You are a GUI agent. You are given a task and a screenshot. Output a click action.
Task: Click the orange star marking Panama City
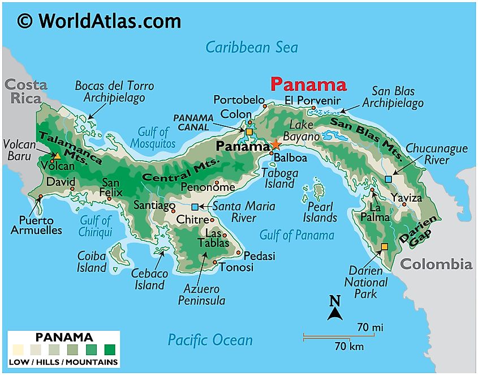[275, 144]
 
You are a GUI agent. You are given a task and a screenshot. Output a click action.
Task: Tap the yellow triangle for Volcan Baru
[57, 155]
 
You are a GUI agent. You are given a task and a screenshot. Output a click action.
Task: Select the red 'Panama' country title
[308, 85]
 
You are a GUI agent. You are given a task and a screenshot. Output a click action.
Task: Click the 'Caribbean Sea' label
[251, 46]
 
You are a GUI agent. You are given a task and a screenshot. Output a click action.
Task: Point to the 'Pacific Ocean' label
[210, 340]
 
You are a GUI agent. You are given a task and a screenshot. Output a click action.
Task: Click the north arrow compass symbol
[335, 309]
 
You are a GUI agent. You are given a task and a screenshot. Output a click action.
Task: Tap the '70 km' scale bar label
[348, 346]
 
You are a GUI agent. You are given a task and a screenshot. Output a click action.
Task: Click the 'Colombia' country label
[436, 264]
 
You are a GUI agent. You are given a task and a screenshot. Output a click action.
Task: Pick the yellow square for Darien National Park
[385, 246]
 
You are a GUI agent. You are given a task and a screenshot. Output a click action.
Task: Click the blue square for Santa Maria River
[195, 207]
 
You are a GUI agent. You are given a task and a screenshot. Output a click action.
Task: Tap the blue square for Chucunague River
[388, 179]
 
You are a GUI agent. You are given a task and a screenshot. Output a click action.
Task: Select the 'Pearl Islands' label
[320, 212]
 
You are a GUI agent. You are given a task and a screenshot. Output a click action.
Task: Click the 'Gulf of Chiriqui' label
[96, 225]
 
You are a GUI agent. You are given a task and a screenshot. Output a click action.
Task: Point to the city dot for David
[72, 189]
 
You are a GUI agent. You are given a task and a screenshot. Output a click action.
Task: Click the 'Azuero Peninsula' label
[201, 295]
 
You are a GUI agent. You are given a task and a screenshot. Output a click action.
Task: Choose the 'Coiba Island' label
[92, 262]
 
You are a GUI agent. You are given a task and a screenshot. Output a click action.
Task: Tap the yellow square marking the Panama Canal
[249, 132]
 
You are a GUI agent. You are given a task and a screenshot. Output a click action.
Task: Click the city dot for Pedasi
[239, 253]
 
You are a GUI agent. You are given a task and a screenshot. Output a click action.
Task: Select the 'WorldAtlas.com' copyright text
[99, 21]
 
